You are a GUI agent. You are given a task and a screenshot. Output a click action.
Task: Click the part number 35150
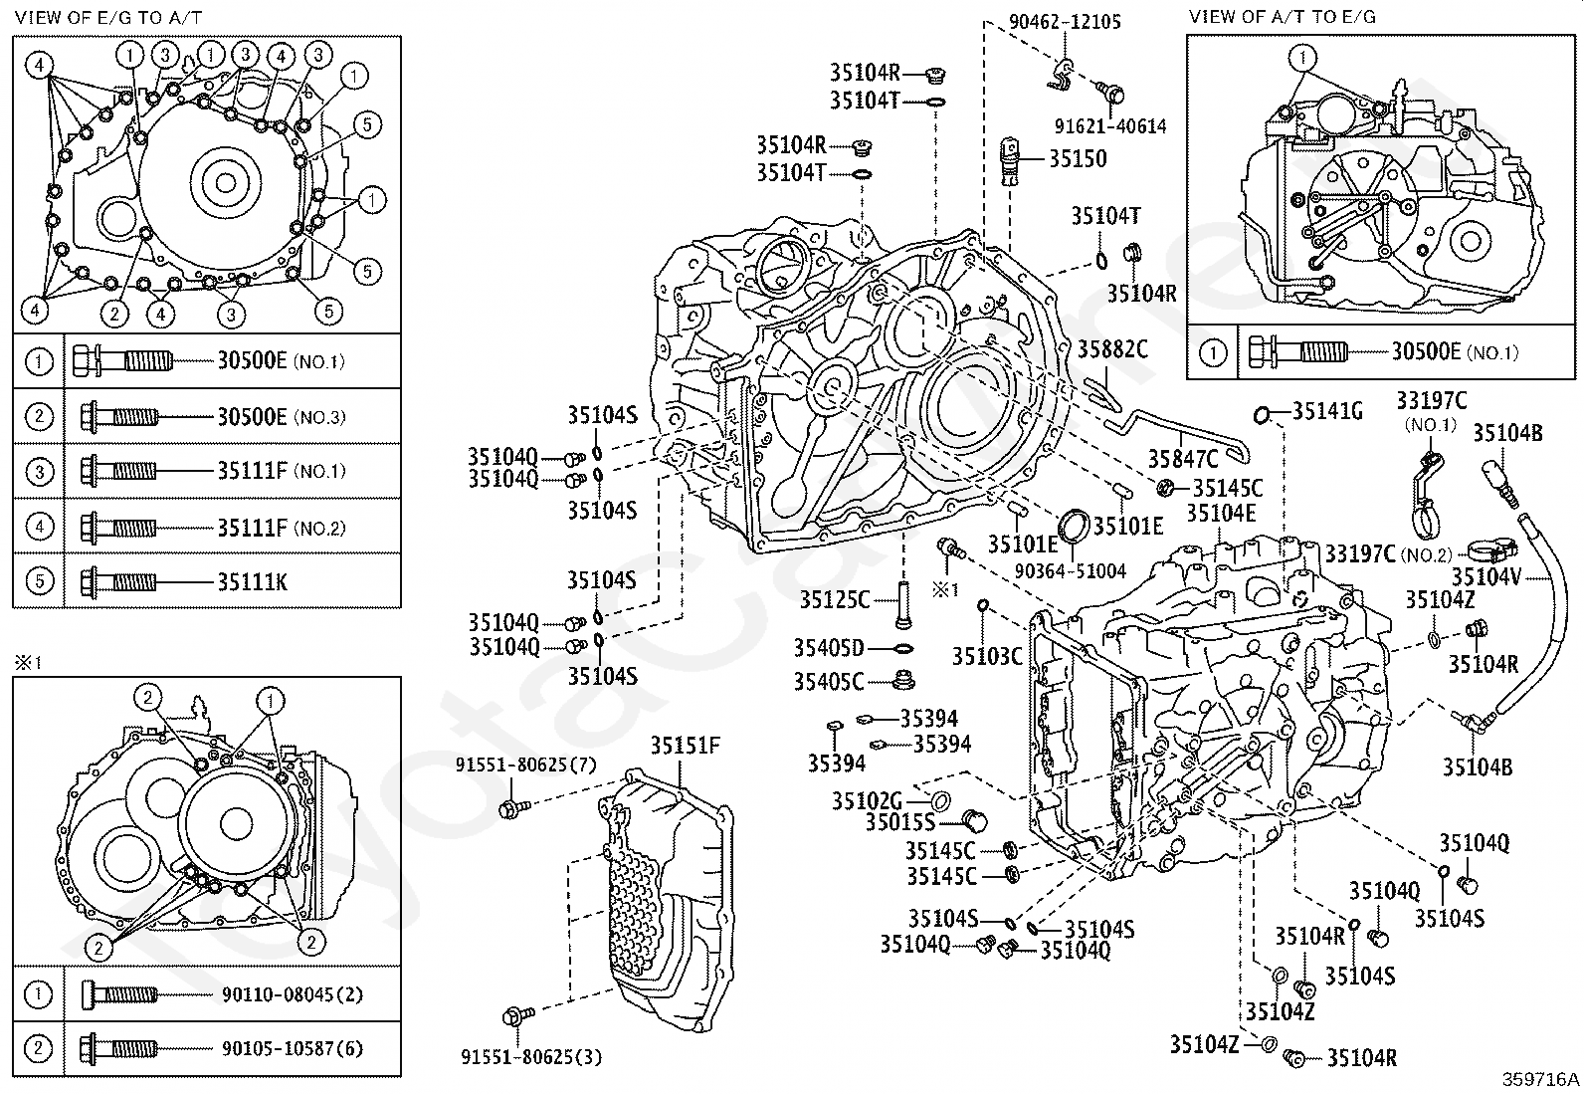(1078, 159)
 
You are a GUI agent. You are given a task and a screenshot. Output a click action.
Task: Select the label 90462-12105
(1051, 22)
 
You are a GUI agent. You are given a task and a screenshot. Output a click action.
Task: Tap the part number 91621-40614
(1110, 126)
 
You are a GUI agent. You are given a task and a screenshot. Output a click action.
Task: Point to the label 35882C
(1112, 349)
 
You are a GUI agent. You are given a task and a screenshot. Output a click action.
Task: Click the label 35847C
(1183, 459)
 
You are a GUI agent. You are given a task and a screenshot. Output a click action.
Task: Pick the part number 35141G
(1327, 410)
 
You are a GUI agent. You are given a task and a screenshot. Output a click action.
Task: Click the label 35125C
(835, 599)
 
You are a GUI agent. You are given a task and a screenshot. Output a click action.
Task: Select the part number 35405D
(828, 648)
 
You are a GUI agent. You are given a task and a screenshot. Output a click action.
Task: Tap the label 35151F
(686, 747)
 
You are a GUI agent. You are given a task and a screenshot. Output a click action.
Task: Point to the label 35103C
(987, 656)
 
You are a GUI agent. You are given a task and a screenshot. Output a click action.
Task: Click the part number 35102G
(867, 800)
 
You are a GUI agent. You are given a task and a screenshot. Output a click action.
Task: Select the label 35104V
(1485, 578)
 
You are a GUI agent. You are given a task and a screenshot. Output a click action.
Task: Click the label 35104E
(1221, 514)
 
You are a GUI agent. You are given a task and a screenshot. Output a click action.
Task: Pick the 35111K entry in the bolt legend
(253, 581)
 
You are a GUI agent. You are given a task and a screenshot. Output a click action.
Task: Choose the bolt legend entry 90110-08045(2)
(280, 993)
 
